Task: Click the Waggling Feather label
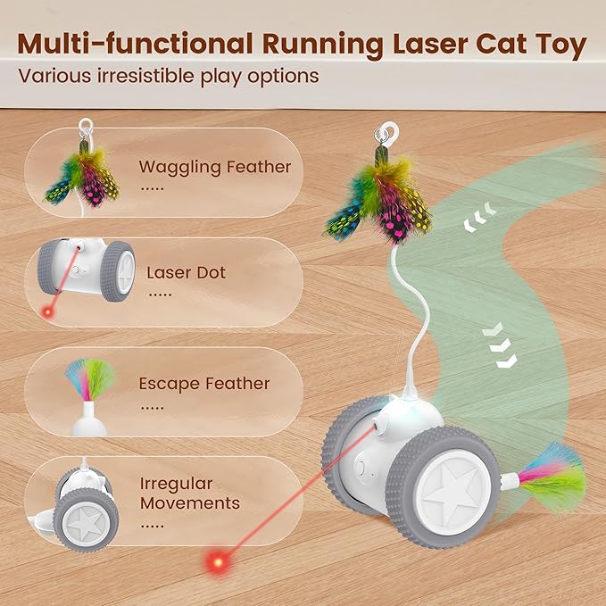(x=214, y=167)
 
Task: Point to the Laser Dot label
(x=186, y=272)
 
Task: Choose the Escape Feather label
(x=203, y=384)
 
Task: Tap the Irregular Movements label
(x=189, y=493)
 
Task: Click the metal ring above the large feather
(x=386, y=134)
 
